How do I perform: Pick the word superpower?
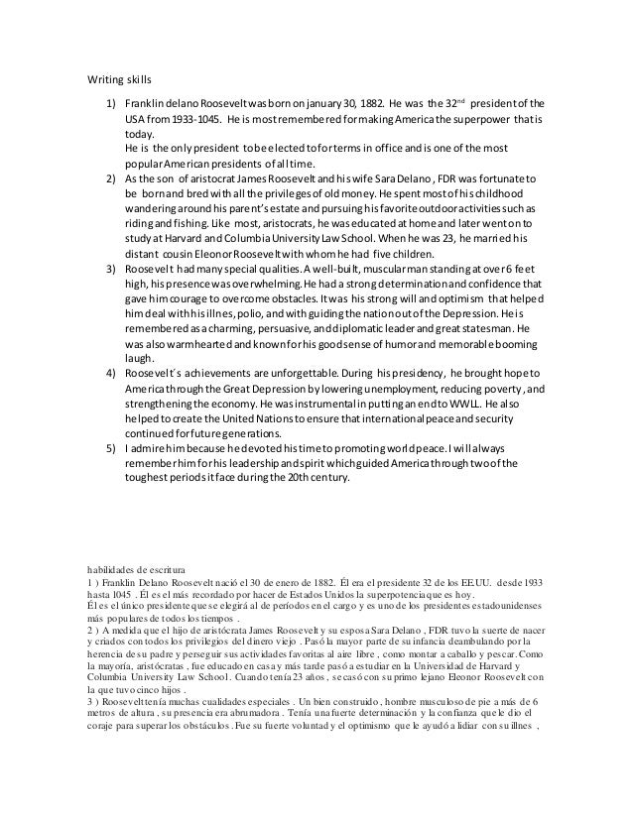click(472, 119)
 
